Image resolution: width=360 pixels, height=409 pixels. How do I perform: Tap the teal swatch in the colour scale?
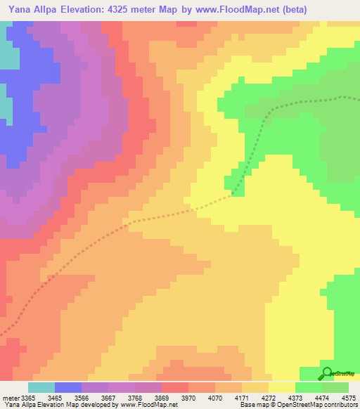[x=41, y=388]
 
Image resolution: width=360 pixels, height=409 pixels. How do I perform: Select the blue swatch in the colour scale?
[x=68, y=388]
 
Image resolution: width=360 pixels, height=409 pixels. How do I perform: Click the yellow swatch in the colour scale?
[x=282, y=388]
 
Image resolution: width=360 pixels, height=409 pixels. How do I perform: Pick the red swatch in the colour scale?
[x=175, y=388]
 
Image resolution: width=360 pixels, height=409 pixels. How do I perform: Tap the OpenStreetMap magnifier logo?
[x=327, y=374]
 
